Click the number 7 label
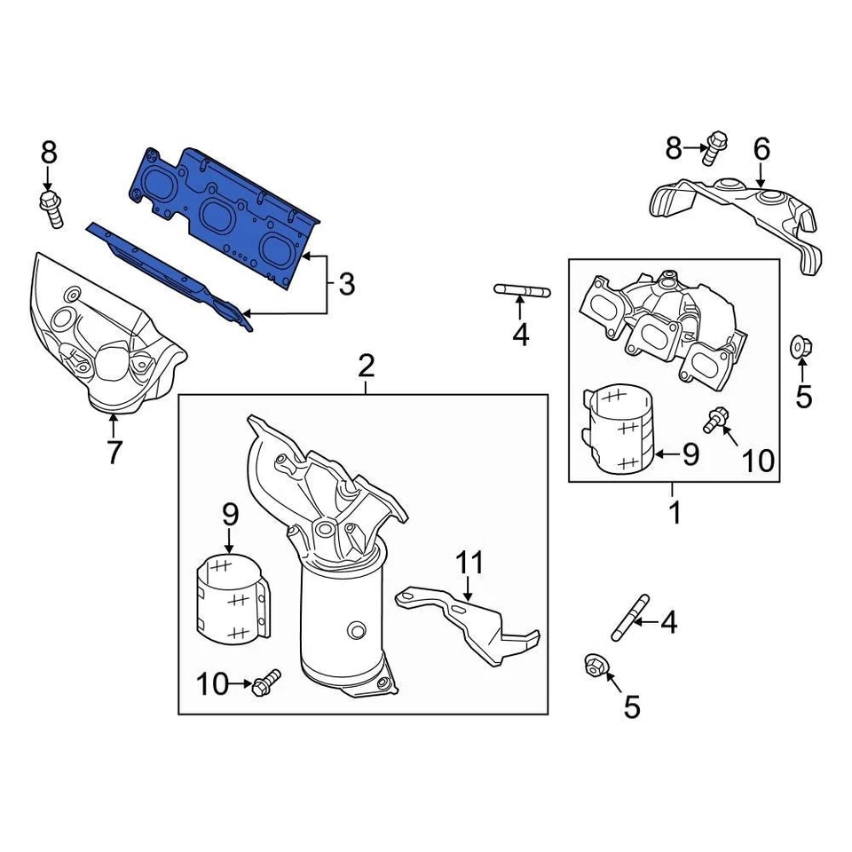[x=114, y=451]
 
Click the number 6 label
[x=761, y=149]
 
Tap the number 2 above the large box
[x=367, y=365]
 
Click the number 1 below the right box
[x=674, y=512]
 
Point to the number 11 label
[x=470, y=562]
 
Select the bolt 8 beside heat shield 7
[x=51, y=208]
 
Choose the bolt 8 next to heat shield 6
[x=714, y=147]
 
